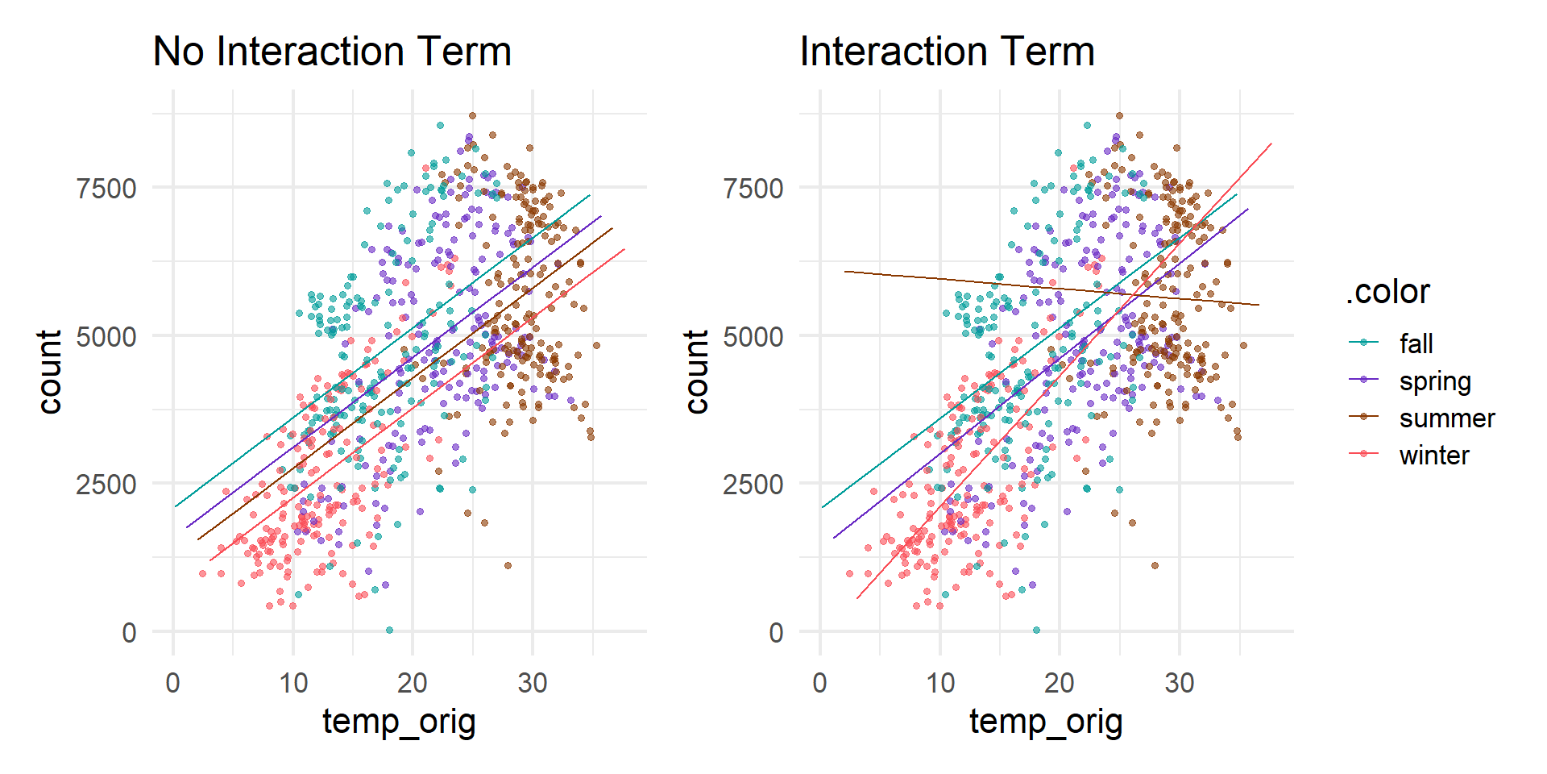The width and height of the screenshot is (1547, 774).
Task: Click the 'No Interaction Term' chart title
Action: (x=332, y=52)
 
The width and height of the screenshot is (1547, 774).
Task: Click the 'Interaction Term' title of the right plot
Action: (x=947, y=52)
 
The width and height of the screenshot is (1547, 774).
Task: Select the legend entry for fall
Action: (x=1416, y=343)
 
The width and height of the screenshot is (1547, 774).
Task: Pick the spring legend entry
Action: (x=1434, y=381)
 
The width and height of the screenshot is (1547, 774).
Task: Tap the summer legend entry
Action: (x=1446, y=418)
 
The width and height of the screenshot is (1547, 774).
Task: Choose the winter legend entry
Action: (x=1433, y=456)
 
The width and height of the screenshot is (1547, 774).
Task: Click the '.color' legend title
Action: (x=1387, y=292)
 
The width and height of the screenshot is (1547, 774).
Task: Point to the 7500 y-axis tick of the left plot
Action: (x=106, y=189)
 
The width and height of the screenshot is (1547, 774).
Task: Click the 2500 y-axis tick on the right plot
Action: (x=753, y=485)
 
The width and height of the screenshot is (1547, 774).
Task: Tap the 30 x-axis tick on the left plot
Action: (x=533, y=684)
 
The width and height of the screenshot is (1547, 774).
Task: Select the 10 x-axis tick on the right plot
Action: (x=939, y=684)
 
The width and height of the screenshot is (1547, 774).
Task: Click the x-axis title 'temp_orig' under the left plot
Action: (x=399, y=721)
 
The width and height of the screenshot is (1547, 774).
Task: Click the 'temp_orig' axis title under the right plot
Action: (x=1046, y=721)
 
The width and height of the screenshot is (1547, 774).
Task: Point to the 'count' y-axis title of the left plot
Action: (x=50, y=372)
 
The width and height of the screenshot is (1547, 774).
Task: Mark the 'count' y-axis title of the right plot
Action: (x=697, y=372)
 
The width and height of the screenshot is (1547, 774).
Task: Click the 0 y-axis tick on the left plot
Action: (x=129, y=633)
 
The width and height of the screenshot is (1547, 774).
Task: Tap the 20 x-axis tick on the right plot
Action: (x=1059, y=684)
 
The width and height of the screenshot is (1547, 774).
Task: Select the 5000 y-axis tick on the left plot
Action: (x=106, y=336)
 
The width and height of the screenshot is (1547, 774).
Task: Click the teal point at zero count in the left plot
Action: (x=389, y=630)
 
